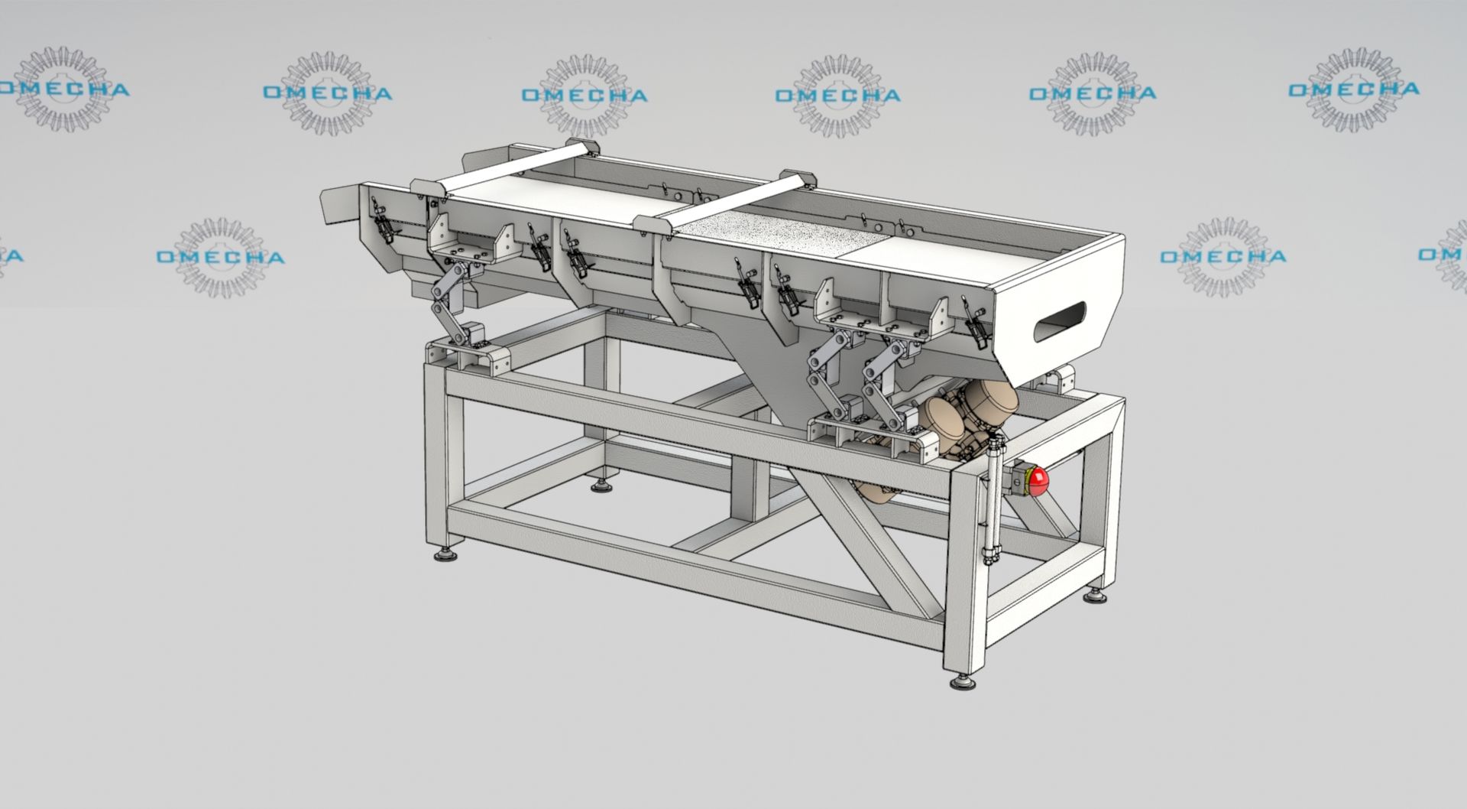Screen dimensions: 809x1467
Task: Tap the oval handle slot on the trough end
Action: (x=1060, y=321)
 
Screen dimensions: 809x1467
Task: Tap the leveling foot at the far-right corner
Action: (x=1094, y=594)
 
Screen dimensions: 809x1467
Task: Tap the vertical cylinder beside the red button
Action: (x=992, y=497)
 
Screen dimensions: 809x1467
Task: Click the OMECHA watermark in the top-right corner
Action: (x=1354, y=89)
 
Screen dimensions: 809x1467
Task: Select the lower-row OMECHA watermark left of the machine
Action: (x=220, y=256)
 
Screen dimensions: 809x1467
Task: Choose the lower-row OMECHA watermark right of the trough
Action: (x=1222, y=256)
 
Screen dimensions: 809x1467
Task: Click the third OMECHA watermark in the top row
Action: (x=585, y=96)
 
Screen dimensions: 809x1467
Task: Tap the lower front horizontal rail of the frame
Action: (x=688, y=562)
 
